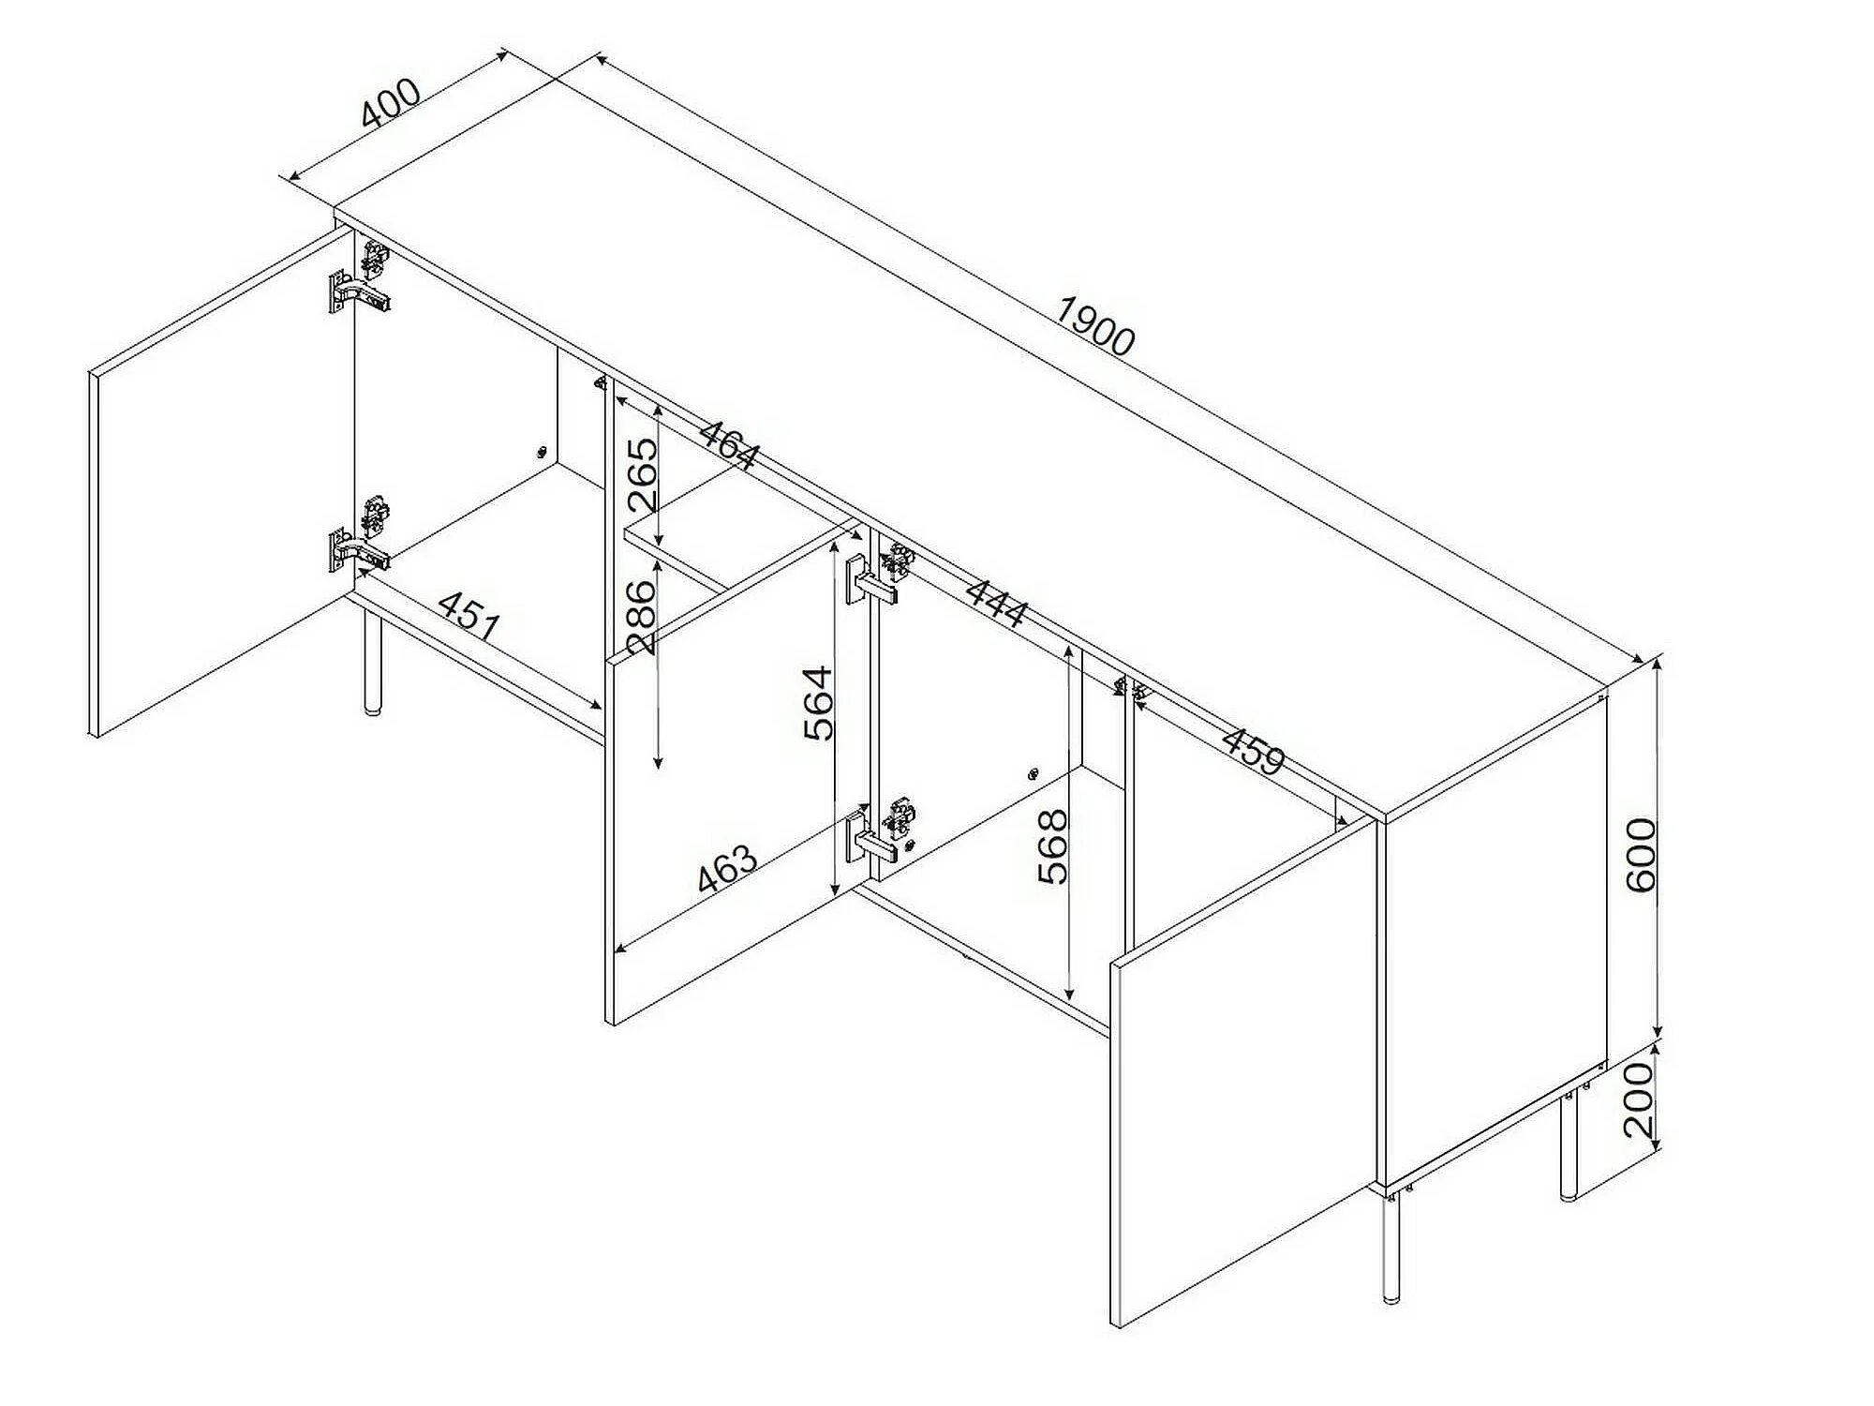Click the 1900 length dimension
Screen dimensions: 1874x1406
point(1094,326)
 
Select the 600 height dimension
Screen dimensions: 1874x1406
point(1641,854)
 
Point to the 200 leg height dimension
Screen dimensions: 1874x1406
point(1639,1099)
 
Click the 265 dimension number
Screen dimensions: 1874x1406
point(643,474)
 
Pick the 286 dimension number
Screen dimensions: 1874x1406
point(643,617)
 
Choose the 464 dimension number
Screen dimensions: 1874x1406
point(728,446)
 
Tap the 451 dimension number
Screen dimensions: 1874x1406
point(469,615)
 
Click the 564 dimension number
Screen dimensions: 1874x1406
point(818,703)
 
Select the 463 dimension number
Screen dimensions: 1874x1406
point(727,870)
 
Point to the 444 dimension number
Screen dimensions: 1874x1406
point(996,604)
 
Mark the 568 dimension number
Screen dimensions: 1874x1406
point(1053,846)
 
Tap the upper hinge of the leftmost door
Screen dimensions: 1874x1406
point(360,277)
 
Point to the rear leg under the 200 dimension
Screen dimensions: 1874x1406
point(1569,1144)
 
